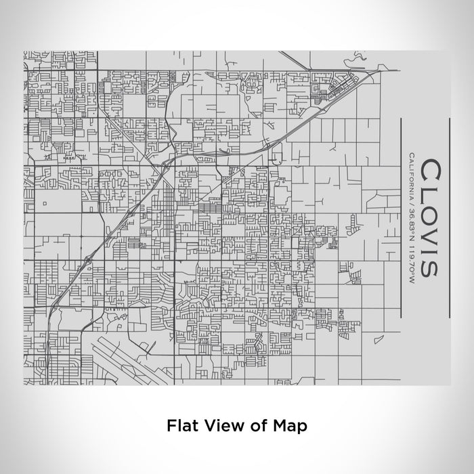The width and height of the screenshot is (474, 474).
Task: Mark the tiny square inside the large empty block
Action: [45, 202]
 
